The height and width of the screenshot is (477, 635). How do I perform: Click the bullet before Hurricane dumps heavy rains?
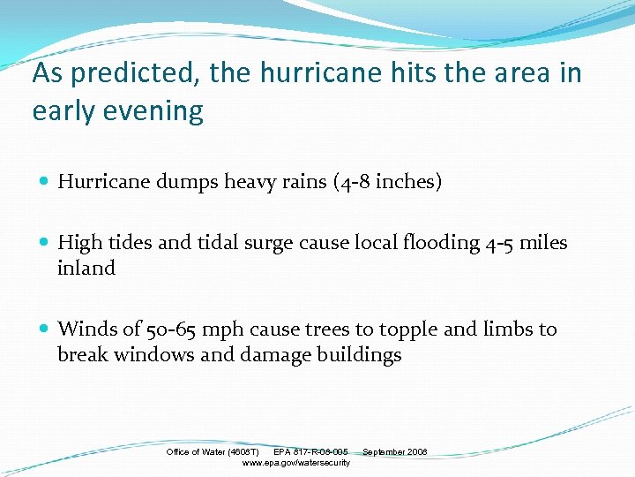coord(45,182)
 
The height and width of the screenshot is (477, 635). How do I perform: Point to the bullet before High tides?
coord(45,243)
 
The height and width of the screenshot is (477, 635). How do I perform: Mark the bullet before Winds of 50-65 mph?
coord(45,329)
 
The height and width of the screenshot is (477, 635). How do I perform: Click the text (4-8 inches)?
coord(387,182)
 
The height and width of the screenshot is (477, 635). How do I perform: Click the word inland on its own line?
coord(86,268)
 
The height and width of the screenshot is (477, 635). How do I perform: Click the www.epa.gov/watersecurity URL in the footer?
coord(295,463)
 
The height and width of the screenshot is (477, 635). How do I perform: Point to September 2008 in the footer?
coord(394,452)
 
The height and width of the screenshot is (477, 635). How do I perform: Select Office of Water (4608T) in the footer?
coord(212,452)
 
